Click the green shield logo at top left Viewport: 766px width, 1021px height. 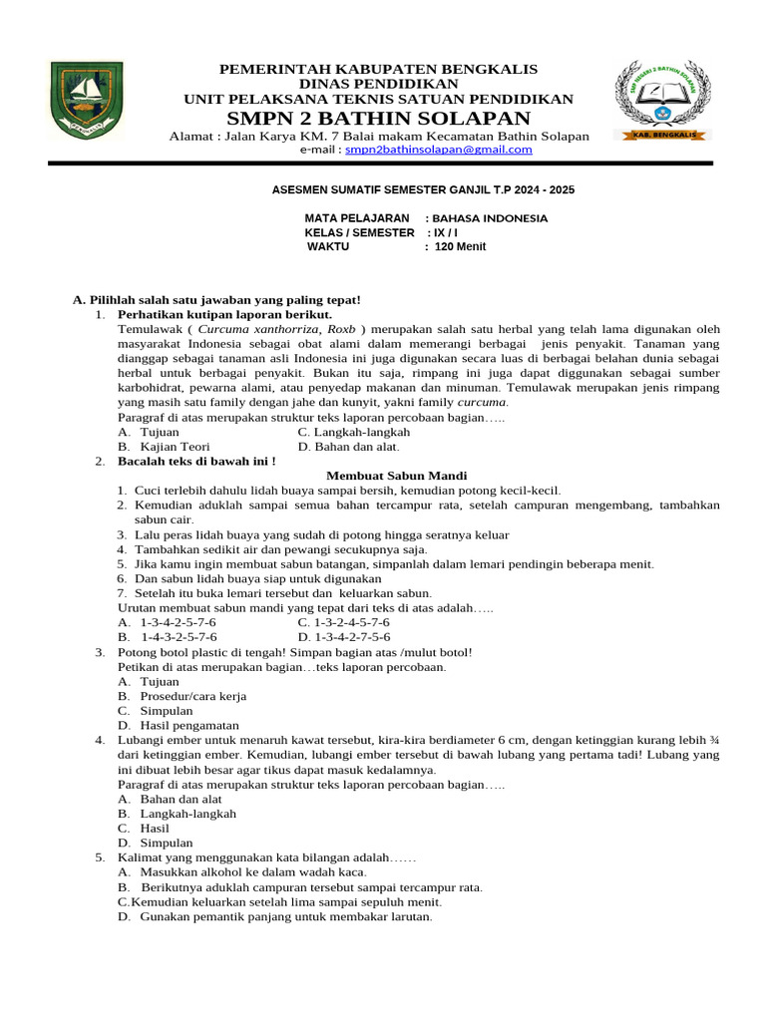coord(87,103)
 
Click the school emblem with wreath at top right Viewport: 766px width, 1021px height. coord(661,100)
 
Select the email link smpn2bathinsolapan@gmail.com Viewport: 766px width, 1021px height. coord(438,150)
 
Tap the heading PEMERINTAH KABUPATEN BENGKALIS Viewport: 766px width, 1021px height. coord(378,69)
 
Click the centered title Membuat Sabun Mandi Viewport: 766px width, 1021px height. coord(397,476)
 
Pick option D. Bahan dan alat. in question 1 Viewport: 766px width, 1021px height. coord(348,447)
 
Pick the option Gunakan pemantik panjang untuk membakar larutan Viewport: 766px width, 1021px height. coord(274,916)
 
